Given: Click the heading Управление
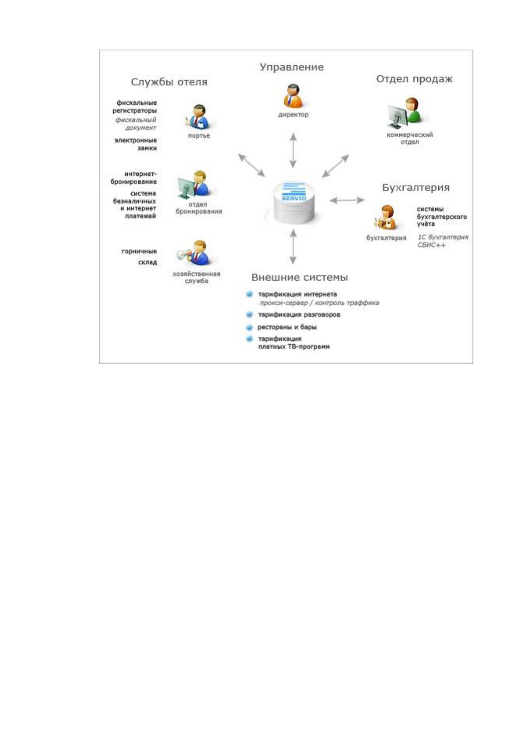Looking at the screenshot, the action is (x=292, y=68).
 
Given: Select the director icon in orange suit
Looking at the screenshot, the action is (x=293, y=96).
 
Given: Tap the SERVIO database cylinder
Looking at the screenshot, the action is (x=293, y=203).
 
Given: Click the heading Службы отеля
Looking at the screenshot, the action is (x=169, y=82).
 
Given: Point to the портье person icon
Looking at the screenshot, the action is (x=198, y=117).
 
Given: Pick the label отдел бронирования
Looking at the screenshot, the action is (x=198, y=208).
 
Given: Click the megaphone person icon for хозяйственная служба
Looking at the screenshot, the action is (x=194, y=253).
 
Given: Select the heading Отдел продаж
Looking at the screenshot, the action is (x=415, y=79).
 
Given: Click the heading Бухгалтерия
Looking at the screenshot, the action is (x=416, y=188).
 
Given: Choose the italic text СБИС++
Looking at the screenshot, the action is (x=431, y=245).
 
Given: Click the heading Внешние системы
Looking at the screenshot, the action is (x=299, y=277).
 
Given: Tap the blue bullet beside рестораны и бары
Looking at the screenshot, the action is (x=249, y=328).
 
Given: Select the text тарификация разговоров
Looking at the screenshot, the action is (x=299, y=315).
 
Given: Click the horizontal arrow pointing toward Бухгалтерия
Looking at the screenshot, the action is (x=347, y=200).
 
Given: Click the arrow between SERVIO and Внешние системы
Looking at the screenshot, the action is (x=293, y=247).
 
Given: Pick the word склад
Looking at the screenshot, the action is (x=147, y=262).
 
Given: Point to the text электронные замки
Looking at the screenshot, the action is (x=135, y=144).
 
